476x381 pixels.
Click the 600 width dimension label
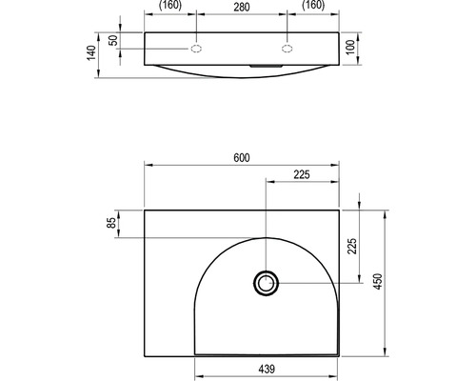242,157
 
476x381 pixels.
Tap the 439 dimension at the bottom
267,370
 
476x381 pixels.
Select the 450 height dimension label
378,281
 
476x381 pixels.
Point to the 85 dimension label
111,223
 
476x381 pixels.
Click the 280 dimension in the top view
242,7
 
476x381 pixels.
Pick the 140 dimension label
91,52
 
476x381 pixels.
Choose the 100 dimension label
350,48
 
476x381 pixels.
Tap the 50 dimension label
113,40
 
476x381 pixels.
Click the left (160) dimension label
170,6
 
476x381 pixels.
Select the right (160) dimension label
313,6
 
